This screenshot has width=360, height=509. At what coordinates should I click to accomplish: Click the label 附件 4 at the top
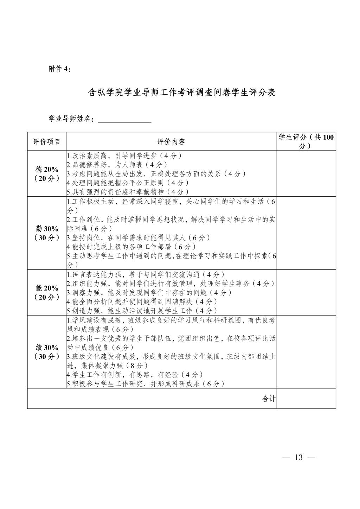coord(59,69)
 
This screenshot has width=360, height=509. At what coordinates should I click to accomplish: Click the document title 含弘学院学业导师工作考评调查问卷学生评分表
coord(181,93)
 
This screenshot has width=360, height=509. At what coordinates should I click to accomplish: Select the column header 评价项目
coord(47,142)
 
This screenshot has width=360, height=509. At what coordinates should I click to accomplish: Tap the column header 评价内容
coord(171,142)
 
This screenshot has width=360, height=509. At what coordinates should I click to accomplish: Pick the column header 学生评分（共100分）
coord(306,142)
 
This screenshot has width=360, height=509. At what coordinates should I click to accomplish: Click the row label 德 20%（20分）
coord(47,174)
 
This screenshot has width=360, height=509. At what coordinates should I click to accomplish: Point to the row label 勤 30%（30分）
coord(47,233)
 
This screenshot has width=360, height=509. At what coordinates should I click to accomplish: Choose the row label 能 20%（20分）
coord(47,293)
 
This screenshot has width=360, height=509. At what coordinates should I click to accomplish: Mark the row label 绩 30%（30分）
coord(47,352)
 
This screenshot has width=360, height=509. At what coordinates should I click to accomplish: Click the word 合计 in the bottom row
coord(269,399)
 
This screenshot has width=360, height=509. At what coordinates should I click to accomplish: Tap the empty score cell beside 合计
coord(306,399)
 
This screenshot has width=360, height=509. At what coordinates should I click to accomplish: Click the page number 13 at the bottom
coord(298,458)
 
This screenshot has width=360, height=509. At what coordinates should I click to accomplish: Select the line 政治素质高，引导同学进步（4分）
coord(124,155)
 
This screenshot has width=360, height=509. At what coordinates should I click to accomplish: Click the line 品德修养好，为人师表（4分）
coord(117,165)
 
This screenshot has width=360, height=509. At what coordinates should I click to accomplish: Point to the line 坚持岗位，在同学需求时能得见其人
coord(139,238)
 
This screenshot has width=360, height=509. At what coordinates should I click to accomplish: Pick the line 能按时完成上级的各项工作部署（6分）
coord(131,247)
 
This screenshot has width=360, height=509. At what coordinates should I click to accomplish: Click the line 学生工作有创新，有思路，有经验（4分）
coord(135,375)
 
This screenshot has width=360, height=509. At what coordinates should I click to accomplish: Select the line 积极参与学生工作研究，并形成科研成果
coord(146,384)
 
